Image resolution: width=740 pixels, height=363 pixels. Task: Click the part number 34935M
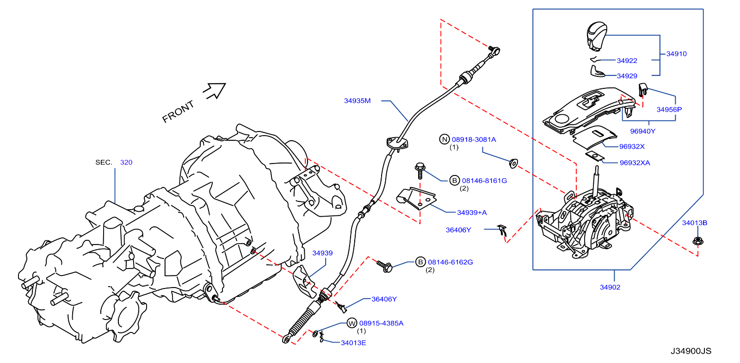(x=357, y=101)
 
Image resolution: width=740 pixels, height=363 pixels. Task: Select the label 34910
(x=676, y=54)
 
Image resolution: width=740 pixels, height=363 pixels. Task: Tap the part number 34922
(x=627, y=61)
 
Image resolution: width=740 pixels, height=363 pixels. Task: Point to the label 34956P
(x=669, y=110)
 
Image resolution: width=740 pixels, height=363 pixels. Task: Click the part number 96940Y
(x=642, y=131)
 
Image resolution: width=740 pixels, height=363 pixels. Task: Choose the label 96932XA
(x=635, y=163)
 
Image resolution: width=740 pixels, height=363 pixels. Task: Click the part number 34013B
(x=694, y=223)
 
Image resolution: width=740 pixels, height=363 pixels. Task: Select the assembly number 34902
(x=610, y=287)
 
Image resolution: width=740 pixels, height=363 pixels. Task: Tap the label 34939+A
(x=472, y=213)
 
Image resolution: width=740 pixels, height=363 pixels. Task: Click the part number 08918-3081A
(x=474, y=139)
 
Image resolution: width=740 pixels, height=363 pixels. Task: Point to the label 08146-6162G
(x=450, y=262)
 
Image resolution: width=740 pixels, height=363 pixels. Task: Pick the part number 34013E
(x=353, y=343)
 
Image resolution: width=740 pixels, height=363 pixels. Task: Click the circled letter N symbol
(x=444, y=139)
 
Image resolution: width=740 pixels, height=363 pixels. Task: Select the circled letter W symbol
(x=352, y=324)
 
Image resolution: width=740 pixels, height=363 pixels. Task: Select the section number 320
(x=126, y=163)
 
